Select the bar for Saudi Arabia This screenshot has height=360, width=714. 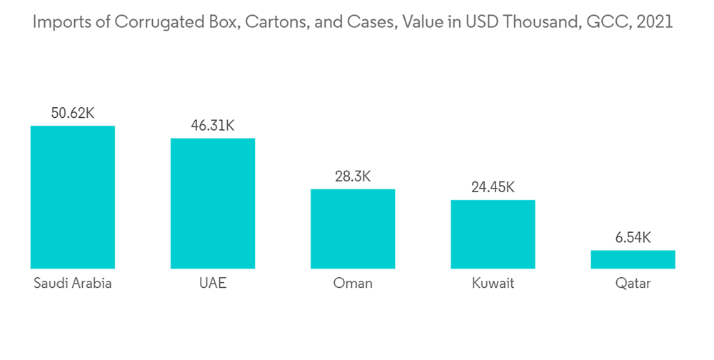point(72,197)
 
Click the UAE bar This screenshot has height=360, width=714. point(212,204)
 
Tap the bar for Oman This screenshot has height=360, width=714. point(352,229)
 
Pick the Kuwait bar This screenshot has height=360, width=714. point(493,234)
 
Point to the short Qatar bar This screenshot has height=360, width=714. point(633,259)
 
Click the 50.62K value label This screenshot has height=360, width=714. point(72,113)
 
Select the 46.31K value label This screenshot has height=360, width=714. point(212,125)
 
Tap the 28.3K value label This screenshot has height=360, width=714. point(352,176)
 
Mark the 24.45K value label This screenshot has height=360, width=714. point(493,187)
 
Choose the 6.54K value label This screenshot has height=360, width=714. point(633,237)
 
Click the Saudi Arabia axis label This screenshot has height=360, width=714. point(72,284)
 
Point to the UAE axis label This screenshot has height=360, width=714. point(212,284)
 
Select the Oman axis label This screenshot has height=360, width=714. point(352,284)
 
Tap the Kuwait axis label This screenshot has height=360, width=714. point(493,284)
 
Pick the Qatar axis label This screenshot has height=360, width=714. point(633,284)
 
